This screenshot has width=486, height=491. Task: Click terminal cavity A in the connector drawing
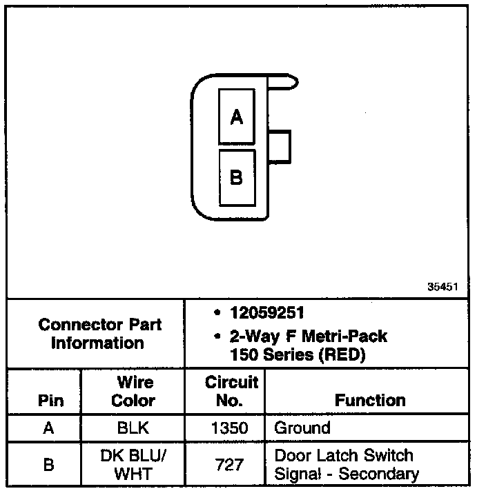(237, 117)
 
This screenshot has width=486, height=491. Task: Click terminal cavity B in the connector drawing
(237, 178)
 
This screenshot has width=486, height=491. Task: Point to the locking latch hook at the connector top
(286, 82)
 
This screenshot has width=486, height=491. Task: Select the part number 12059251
(267, 313)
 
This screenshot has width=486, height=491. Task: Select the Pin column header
(48, 401)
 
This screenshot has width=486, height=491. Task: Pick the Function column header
(370, 400)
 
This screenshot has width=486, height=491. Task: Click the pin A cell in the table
(48, 428)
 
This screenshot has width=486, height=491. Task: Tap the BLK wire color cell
(133, 428)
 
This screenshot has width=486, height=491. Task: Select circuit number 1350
(229, 428)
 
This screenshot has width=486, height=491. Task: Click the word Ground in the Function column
(302, 428)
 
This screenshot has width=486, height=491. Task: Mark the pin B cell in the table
(48, 464)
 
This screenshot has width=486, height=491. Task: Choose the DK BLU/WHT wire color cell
(133, 464)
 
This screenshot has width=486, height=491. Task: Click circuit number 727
(229, 465)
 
